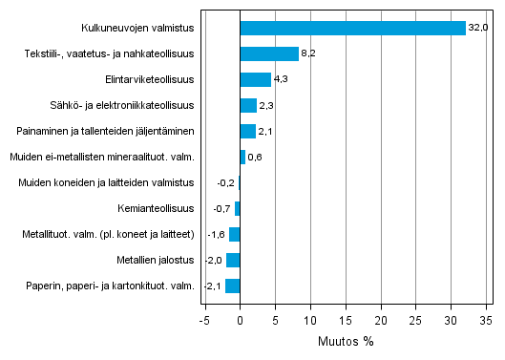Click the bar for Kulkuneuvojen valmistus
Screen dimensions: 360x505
pyautogui.click(x=352, y=28)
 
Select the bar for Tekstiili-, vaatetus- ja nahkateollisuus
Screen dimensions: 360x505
pyautogui.click(x=269, y=53)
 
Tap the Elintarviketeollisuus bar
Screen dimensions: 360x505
pyautogui.click(x=256, y=79)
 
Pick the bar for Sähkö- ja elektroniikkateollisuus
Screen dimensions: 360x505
pyautogui.click(x=248, y=105)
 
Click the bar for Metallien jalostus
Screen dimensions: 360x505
pyautogui.click(x=233, y=260)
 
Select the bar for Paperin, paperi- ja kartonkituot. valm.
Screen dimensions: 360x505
pyautogui.click(x=233, y=286)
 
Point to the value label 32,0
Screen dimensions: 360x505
pyautogui.click(x=477, y=28)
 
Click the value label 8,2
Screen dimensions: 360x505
pyautogui.click(x=308, y=53)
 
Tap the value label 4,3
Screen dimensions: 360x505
pyautogui.click(x=281, y=79)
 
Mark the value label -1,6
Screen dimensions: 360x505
pyautogui.click(x=217, y=234)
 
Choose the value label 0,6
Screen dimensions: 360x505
pyautogui.click(x=255, y=157)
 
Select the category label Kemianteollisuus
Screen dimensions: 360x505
pyautogui.click(x=157, y=208)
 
